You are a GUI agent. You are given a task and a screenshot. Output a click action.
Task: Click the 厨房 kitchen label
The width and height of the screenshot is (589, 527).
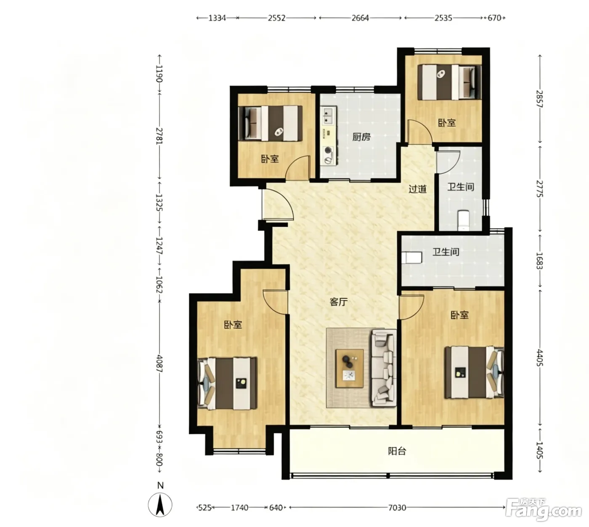coord(361,137)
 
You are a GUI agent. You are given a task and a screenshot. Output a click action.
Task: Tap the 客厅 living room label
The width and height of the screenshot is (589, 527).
coord(338,302)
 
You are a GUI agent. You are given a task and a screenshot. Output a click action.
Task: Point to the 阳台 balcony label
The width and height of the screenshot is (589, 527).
coord(397,451)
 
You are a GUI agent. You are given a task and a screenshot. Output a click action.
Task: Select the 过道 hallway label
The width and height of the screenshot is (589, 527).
coord(417,189)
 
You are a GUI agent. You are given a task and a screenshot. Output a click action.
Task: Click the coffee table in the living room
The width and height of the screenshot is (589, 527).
coord(350,368)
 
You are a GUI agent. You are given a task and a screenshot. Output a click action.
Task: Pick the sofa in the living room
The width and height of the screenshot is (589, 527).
coord(383,368)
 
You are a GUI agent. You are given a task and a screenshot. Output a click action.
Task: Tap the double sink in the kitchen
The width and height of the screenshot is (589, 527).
coord(328,115)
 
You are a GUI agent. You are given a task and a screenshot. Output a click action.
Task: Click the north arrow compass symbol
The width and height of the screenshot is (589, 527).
coord(160,505)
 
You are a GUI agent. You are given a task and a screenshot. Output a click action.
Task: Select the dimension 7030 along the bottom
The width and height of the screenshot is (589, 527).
coord(397,508)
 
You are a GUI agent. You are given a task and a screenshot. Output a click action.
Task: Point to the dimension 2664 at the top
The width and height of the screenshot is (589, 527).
coord(360,18)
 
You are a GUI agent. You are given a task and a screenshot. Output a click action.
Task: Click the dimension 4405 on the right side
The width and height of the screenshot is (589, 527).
coord(540,358)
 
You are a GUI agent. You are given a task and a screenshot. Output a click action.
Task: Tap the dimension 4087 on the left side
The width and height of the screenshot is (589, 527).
coord(159,364)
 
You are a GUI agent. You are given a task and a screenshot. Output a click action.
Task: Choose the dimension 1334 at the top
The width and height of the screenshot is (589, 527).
coord(217,18)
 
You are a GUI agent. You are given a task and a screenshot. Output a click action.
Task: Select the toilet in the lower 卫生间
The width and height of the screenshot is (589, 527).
coord(411,258)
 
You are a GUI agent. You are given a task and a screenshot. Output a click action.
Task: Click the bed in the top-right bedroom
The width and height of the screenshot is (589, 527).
coord(449,83)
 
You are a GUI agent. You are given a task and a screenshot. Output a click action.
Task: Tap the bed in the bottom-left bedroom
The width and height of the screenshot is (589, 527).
coord(227,383)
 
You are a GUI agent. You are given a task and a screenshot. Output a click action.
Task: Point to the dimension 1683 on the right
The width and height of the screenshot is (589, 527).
coord(540,261)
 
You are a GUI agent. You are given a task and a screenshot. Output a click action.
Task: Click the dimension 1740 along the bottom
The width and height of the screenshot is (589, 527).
coord(239,508)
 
